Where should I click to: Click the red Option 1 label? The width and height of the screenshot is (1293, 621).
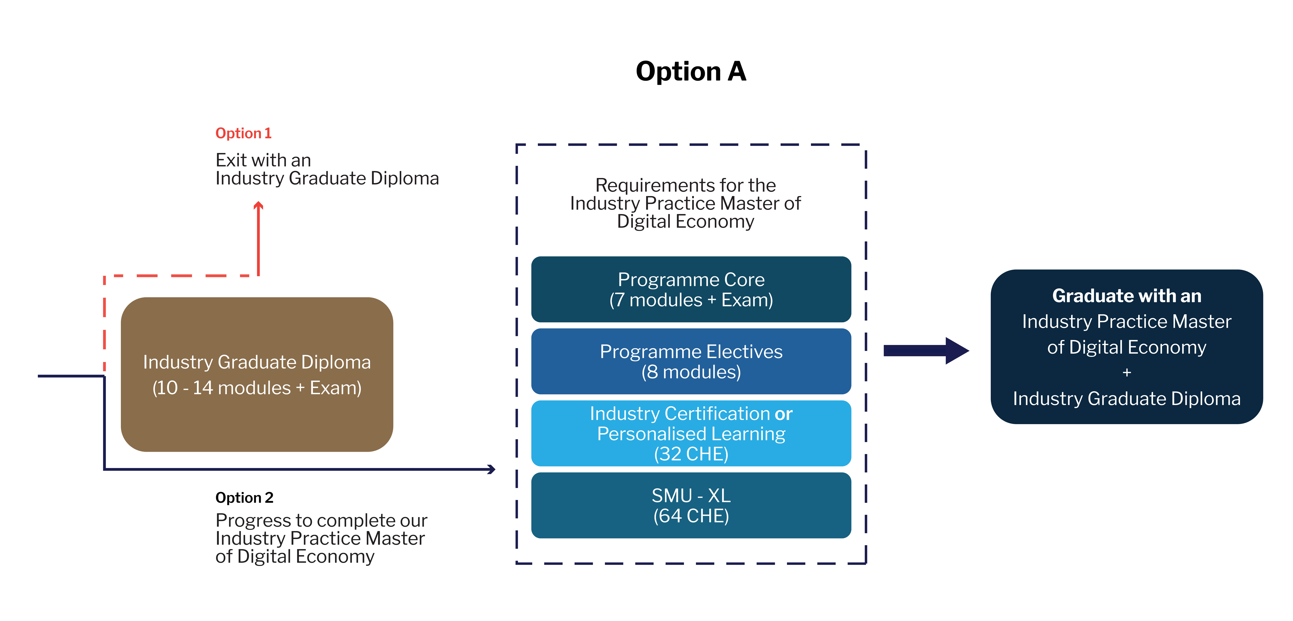point(243,133)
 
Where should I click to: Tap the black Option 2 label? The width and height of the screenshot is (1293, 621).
point(244,497)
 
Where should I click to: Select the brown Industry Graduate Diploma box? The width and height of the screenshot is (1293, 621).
point(257,374)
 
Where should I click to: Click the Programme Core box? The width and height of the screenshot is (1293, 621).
point(691,289)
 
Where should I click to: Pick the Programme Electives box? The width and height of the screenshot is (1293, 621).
point(691,361)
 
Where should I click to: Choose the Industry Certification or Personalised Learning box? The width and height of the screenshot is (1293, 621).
point(691,433)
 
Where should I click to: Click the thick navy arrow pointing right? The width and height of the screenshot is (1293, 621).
point(926,351)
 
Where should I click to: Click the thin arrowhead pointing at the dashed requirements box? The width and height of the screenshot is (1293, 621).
point(492,469)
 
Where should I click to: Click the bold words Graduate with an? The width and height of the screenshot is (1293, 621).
point(1127,296)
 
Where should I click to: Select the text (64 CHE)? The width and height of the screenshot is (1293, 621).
point(691,516)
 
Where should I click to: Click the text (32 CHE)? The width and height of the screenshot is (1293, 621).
point(691,454)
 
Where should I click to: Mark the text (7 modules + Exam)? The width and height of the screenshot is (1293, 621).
point(691,300)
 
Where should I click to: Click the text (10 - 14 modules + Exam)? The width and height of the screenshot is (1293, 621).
point(257,388)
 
